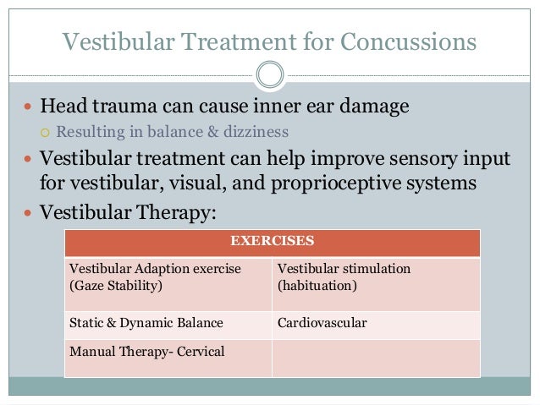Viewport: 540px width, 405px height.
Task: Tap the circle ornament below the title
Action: click(269, 74)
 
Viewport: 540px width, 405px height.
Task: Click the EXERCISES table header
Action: click(273, 241)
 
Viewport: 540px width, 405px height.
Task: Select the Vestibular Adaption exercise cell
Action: click(168, 276)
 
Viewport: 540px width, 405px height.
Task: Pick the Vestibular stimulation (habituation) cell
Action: click(375, 276)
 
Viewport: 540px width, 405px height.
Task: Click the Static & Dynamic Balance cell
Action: click(168, 322)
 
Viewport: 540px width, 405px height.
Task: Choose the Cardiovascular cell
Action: click(375, 322)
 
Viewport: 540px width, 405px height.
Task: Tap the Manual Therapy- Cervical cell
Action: click(168, 357)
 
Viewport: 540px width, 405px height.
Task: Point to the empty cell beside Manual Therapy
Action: click(375, 357)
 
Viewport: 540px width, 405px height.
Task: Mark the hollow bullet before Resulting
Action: click(47, 133)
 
